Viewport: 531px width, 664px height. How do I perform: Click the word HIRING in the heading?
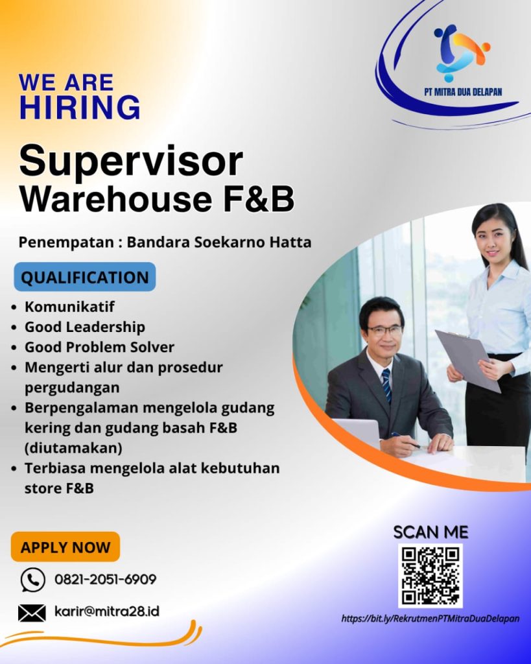pyautogui.click(x=80, y=107)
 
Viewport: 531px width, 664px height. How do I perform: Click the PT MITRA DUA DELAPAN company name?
pyautogui.click(x=463, y=92)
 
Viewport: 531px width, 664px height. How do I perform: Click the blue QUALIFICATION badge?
pyautogui.click(x=85, y=277)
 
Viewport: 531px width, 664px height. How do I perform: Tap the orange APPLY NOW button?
pyautogui.click(x=65, y=547)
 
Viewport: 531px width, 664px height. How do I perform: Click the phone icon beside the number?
pyautogui.click(x=32, y=580)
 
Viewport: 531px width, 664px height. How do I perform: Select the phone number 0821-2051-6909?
pyautogui.click(x=106, y=579)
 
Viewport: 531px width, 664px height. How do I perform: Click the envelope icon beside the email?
pyautogui.click(x=32, y=613)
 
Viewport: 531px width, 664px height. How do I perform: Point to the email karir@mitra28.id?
pyautogui.click(x=107, y=611)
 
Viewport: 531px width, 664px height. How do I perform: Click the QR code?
pyautogui.click(x=431, y=576)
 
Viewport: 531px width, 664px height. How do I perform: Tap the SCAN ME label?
pyautogui.click(x=431, y=532)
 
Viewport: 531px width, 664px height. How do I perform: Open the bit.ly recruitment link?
pyautogui.click(x=431, y=619)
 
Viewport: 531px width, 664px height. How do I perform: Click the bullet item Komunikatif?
pyautogui.click(x=69, y=307)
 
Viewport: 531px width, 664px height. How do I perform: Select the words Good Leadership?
pyautogui.click(x=85, y=327)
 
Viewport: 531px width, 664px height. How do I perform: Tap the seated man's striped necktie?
pyautogui.click(x=386, y=385)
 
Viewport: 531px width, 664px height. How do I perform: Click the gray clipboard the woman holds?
pyautogui.click(x=468, y=360)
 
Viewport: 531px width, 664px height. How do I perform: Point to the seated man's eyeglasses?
pyautogui.click(x=384, y=330)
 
